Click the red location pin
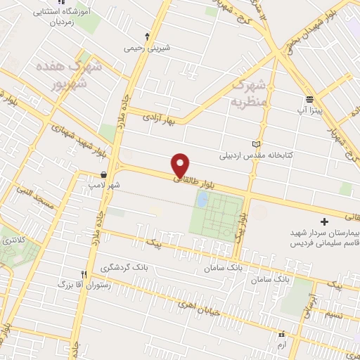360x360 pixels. pyautogui.click(x=181, y=165)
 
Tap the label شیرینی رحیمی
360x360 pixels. pyautogui.click(x=148, y=49)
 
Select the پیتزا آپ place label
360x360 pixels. pyautogui.click(x=309, y=112)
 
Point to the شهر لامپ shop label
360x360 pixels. pyautogui.click(x=104, y=186)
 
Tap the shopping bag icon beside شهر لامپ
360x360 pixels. pyautogui.click(x=104, y=174)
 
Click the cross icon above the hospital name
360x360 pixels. pyautogui.click(x=323, y=221)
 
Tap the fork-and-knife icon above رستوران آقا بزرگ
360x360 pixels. pyautogui.click(x=83, y=274)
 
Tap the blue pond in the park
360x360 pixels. pyautogui.click(x=202, y=200)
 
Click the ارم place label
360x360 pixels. pyautogui.click(x=282, y=345)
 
